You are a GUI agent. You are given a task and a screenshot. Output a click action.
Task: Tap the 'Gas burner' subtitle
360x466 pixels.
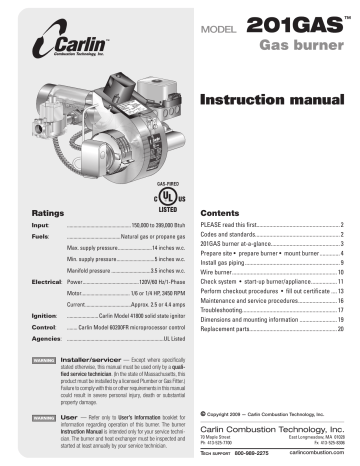click(296, 47)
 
